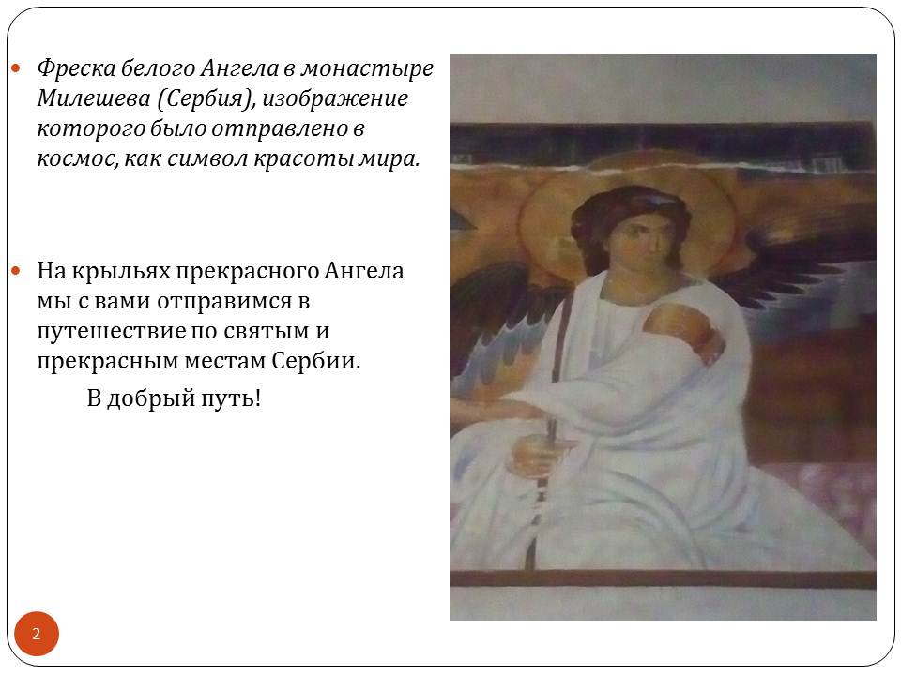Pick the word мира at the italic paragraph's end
coord(388,159)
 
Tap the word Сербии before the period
coord(315,361)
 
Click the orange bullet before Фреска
coord(16,68)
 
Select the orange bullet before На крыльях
coord(16,270)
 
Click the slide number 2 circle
coord(37,634)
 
